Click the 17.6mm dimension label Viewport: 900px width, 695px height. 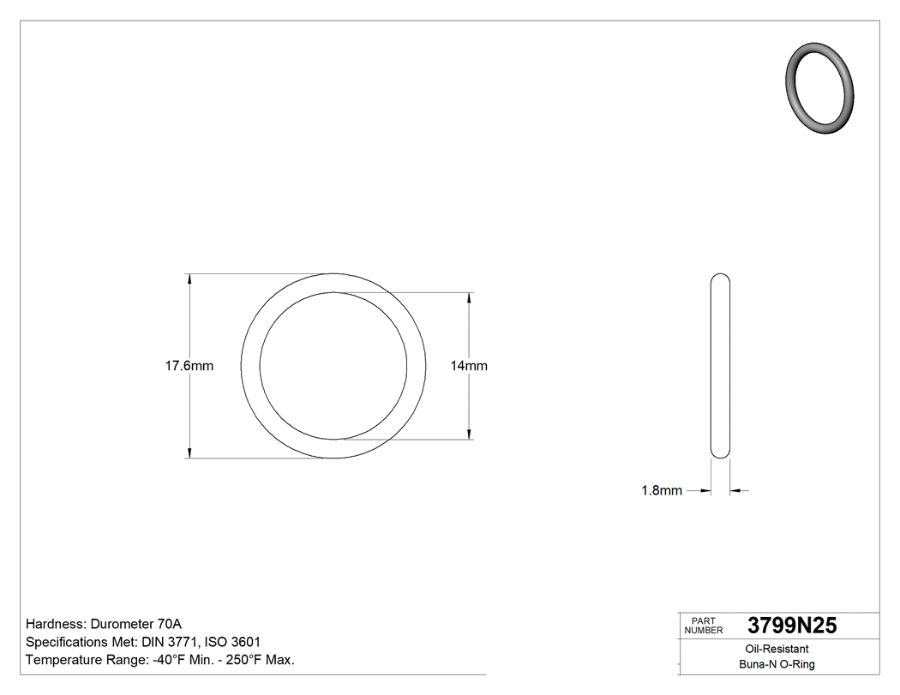click(x=189, y=366)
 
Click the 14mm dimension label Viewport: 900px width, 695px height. click(x=469, y=366)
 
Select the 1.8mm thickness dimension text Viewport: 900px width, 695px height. click(x=662, y=491)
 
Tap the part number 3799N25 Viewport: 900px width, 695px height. click(x=792, y=626)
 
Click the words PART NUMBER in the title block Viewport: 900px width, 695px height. click(x=705, y=626)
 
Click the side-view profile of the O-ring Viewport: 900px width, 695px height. click(x=721, y=366)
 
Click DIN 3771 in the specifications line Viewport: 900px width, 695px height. click(x=170, y=642)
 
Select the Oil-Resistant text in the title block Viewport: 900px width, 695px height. click(x=776, y=650)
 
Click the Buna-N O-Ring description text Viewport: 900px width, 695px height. click(x=777, y=664)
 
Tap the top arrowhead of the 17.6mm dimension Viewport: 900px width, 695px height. click(x=189, y=279)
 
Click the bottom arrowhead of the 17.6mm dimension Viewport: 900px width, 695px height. click(x=189, y=453)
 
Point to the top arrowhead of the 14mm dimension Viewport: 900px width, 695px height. click(x=469, y=297)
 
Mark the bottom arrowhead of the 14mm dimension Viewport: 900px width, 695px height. click(x=469, y=434)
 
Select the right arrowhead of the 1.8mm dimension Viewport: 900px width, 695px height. click(x=735, y=491)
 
